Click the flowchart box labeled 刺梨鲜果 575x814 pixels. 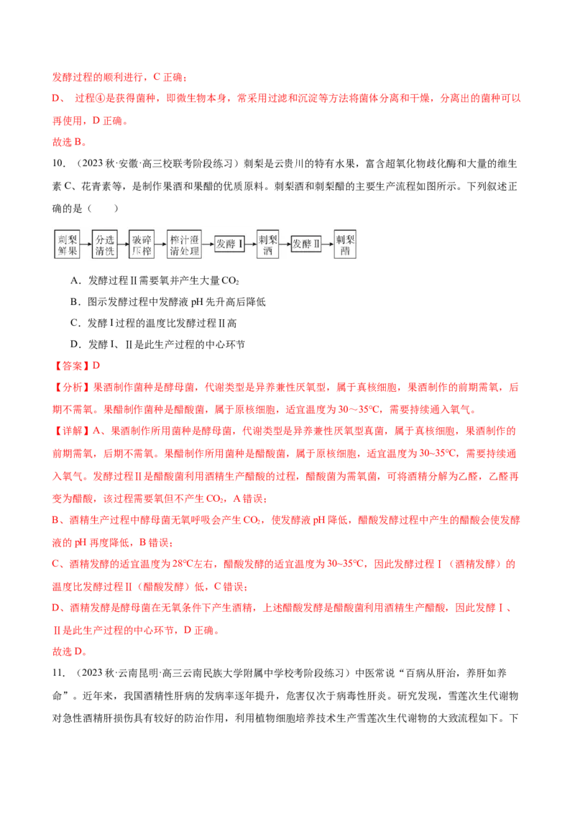click(x=67, y=244)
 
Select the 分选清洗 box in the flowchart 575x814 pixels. click(x=104, y=244)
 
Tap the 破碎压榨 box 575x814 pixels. click(x=142, y=244)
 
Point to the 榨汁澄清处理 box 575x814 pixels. click(x=184, y=244)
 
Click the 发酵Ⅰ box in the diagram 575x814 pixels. click(x=229, y=244)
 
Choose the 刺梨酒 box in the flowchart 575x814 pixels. click(x=268, y=244)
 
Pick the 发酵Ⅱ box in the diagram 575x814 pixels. click(x=305, y=244)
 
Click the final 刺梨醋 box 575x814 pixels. click(x=345, y=244)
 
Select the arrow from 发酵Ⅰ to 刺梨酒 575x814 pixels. click(x=251, y=244)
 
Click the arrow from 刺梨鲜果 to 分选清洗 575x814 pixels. click(x=86, y=244)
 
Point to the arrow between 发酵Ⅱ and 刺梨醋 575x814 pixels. click(x=328, y=244)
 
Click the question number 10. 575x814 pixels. click(x=59, y=163)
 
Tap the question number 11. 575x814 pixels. click(x=59, y=673)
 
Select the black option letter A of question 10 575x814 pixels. click(x=75, y=281)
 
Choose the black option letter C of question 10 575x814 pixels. click(x=75, y=323)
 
